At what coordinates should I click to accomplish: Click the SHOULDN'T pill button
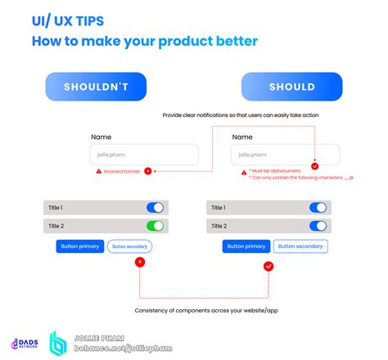(96, 87)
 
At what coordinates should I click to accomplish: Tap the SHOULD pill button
(291, 87)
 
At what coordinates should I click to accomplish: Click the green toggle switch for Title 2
(155, 226)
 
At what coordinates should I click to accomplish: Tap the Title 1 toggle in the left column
(155, 208)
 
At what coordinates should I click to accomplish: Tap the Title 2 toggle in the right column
(318, 226)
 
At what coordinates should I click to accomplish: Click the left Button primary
(79, 245)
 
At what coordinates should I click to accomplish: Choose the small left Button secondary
(129, 245)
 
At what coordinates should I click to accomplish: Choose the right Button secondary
(300, 245)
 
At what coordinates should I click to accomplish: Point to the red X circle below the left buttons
(140, 262)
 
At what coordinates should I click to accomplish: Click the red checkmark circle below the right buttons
(268, 266)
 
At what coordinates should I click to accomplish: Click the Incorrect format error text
(122, 171)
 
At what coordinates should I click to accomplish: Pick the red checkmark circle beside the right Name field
(315, 166)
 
